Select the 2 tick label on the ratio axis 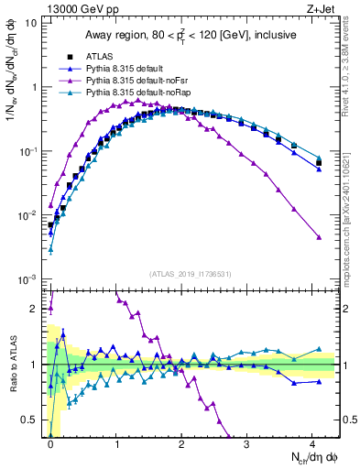(x=35, y=309)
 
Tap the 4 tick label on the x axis (x=311, y=442)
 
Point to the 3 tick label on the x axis (x=246, y=442)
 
